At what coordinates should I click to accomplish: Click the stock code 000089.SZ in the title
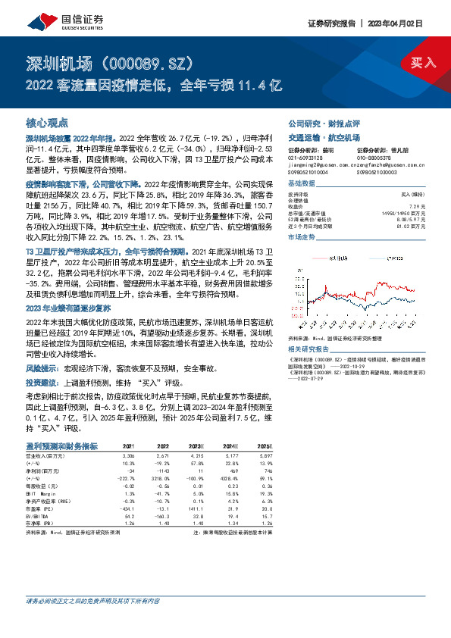tap(143, 61)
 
